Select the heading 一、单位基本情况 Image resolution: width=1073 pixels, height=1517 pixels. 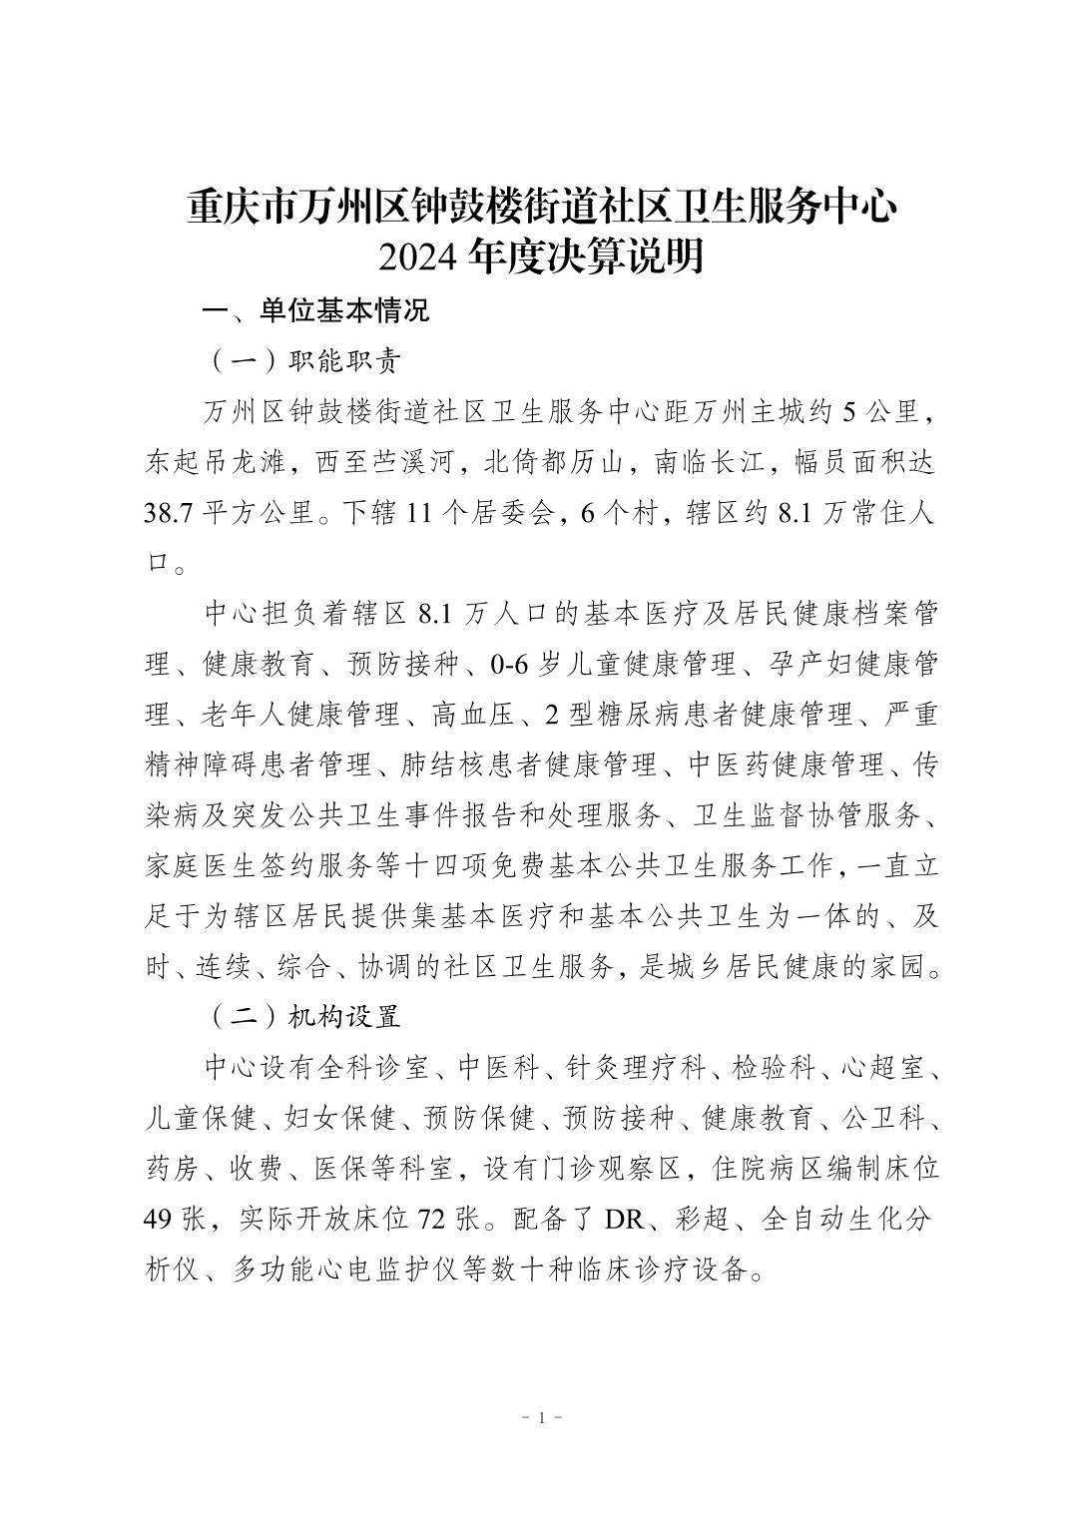[x=315, y=310]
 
